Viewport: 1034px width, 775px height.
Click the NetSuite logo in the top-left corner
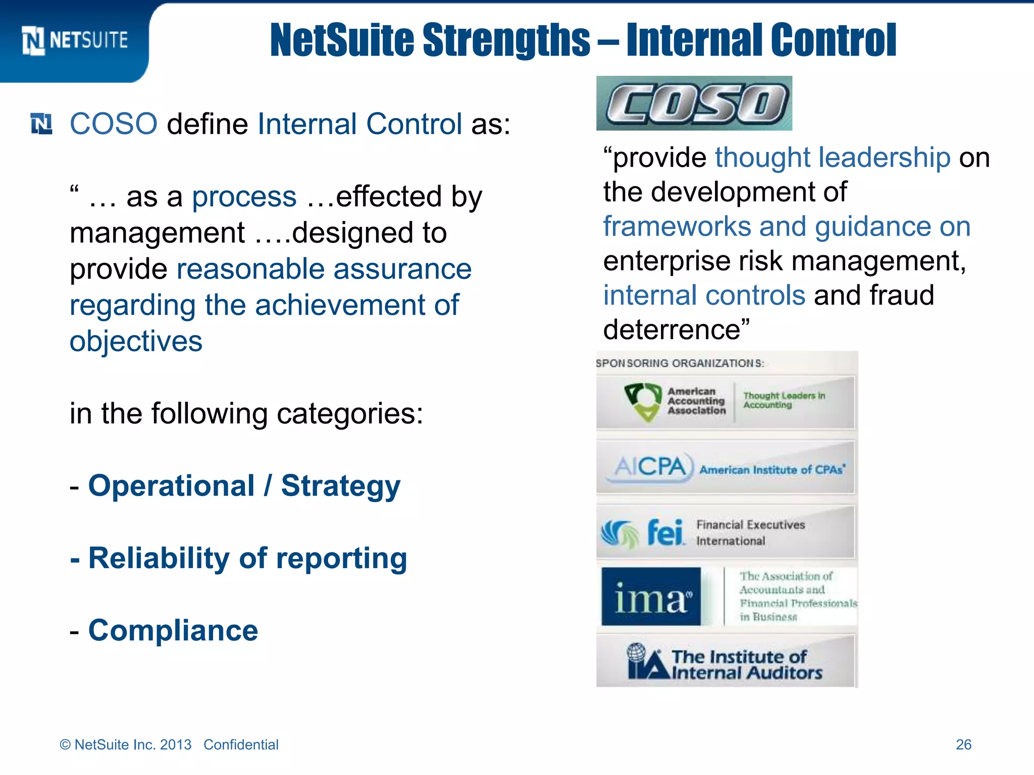75,40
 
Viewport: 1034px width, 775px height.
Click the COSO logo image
694,103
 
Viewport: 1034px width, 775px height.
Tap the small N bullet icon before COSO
41,124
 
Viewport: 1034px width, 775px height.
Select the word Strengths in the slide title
506,40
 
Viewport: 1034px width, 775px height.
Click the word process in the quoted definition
244,197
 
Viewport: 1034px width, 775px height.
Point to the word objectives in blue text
136,342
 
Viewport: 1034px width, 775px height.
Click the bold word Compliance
173,630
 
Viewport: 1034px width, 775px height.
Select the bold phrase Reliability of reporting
247,558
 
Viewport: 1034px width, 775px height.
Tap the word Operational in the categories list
171,486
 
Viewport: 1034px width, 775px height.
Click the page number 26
963,745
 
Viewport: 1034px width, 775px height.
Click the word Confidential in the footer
241,745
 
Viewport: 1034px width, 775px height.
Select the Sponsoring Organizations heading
680,363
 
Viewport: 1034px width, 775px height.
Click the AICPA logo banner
725,467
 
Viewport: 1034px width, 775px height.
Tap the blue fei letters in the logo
665,533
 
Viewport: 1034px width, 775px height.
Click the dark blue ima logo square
651,597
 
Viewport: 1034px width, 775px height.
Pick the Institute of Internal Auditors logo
725,662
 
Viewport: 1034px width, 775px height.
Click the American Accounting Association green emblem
642,401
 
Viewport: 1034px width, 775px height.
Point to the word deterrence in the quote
671,330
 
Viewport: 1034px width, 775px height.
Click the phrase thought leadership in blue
833,157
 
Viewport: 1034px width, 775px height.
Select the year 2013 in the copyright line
175,745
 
